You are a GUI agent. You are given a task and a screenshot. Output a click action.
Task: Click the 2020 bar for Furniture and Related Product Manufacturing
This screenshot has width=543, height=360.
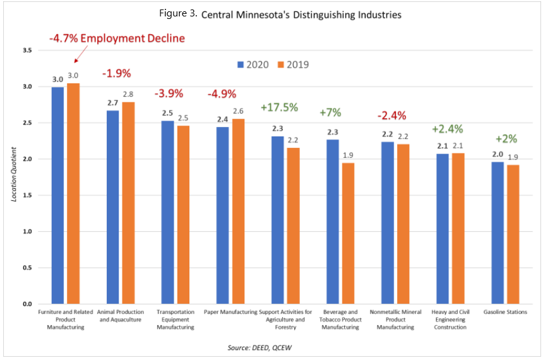click(57, 196)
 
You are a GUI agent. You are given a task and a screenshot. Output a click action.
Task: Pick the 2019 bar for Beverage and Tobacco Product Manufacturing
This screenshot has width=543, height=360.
click(347, 234)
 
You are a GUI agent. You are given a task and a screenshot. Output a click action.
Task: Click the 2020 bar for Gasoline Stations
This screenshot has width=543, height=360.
click(497, 233)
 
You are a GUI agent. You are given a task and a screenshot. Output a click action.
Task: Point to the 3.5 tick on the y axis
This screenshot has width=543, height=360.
click(27, 50)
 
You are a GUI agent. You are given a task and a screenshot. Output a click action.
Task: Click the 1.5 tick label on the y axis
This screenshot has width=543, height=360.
click(27, 195)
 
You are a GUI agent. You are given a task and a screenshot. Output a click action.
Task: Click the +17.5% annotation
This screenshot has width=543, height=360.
click(278, 107)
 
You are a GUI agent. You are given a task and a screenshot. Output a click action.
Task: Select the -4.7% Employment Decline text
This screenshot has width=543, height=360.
click(117, 39)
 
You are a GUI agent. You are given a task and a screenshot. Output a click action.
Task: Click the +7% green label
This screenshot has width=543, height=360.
click(330, 113)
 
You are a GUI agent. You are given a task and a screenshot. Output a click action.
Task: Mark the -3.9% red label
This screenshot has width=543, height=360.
click(169, 93)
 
